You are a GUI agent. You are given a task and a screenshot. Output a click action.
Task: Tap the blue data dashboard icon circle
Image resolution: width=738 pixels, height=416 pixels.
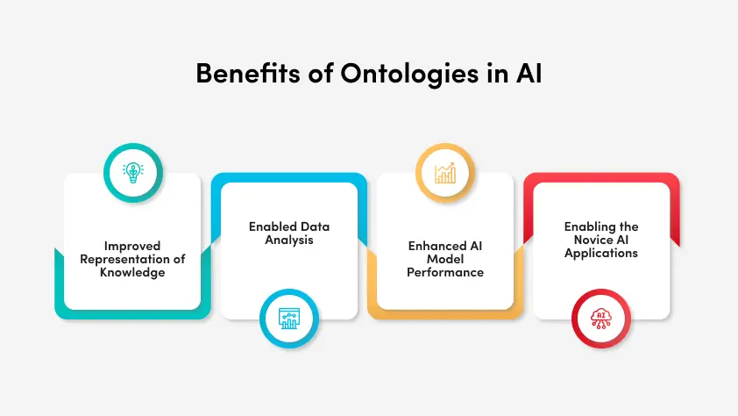[x=289, y=318]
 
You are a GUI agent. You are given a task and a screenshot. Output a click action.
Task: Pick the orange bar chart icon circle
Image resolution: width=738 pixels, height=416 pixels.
[x=445, y=173]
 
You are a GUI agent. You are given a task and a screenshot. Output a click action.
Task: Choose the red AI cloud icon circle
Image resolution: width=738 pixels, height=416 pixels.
[x=602, y=318]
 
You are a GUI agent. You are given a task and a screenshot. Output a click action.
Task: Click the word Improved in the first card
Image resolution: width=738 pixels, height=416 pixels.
[x=133, y=246]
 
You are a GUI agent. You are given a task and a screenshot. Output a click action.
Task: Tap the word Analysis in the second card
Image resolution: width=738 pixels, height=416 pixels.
[x=289, y=239]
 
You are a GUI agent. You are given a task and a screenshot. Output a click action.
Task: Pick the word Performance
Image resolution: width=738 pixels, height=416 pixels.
[x=445, y=271]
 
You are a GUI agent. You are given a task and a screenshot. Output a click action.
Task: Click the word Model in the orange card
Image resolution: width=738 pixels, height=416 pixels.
[x=445, y=259]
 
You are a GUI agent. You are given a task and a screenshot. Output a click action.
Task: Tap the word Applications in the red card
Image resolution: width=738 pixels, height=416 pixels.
[x=601, y=253]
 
